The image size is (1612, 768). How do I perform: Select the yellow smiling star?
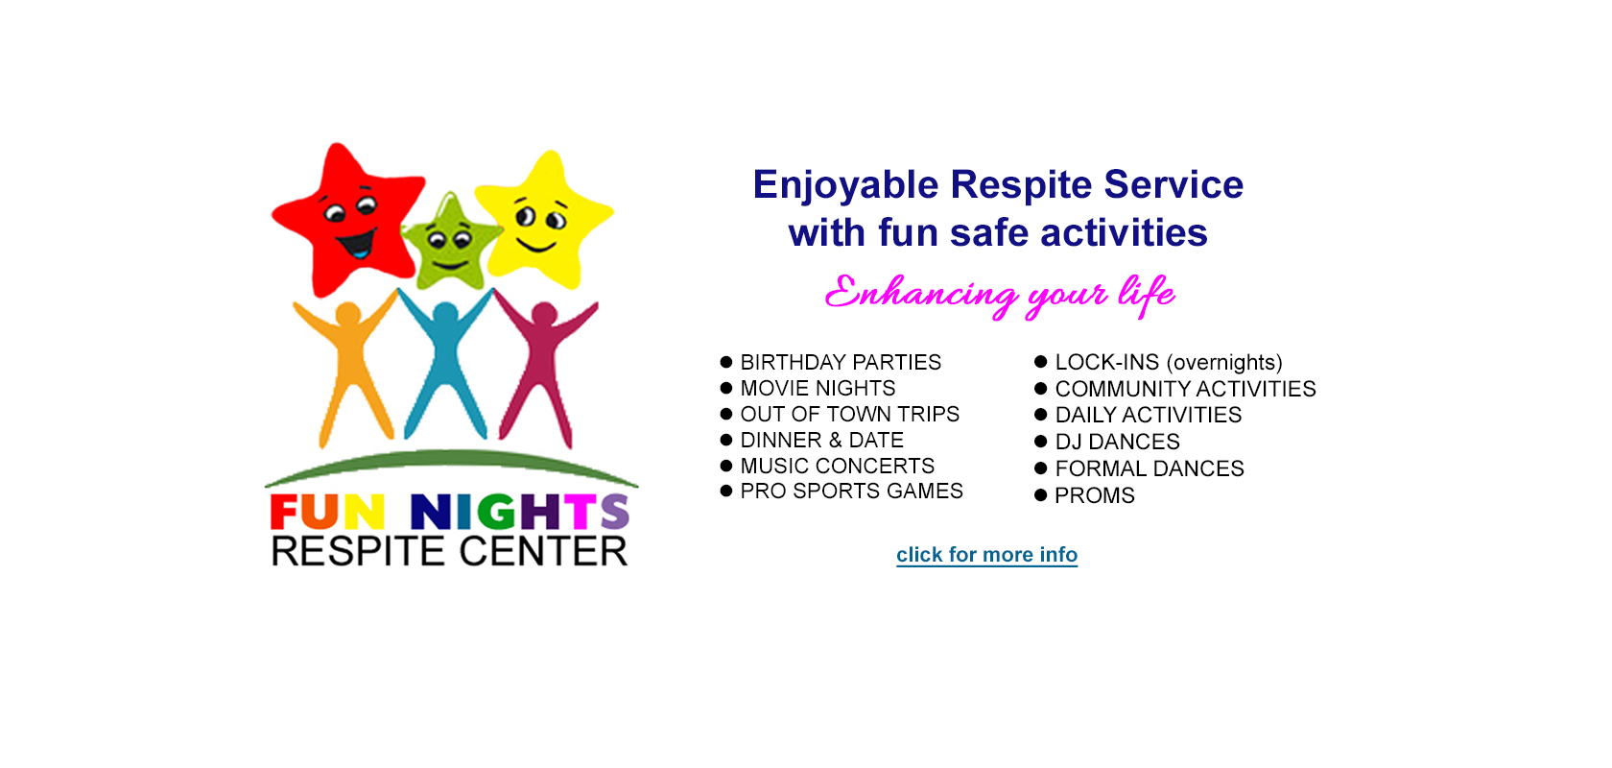tap(544, 222)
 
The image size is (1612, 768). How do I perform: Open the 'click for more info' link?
tap(986, 555)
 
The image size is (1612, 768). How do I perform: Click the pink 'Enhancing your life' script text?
tap(999, 295)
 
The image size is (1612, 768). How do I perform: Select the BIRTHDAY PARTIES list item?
tap(841, 362)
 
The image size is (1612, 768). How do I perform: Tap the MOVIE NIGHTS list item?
tap(818, 388)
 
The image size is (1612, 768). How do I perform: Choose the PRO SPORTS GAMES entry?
tap(851, 491)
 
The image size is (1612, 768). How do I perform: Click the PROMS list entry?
tap(1095, 496)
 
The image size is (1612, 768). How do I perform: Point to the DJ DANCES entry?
tap(1118, 442)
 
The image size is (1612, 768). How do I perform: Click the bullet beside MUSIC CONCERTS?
tap(726, 465)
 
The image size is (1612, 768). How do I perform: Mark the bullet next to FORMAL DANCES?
tap(1040, 468)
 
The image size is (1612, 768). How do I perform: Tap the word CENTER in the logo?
tap(543, 551)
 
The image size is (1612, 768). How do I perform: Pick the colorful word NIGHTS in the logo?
tap(520, 512)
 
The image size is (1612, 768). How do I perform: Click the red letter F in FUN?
tap(284, 512)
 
